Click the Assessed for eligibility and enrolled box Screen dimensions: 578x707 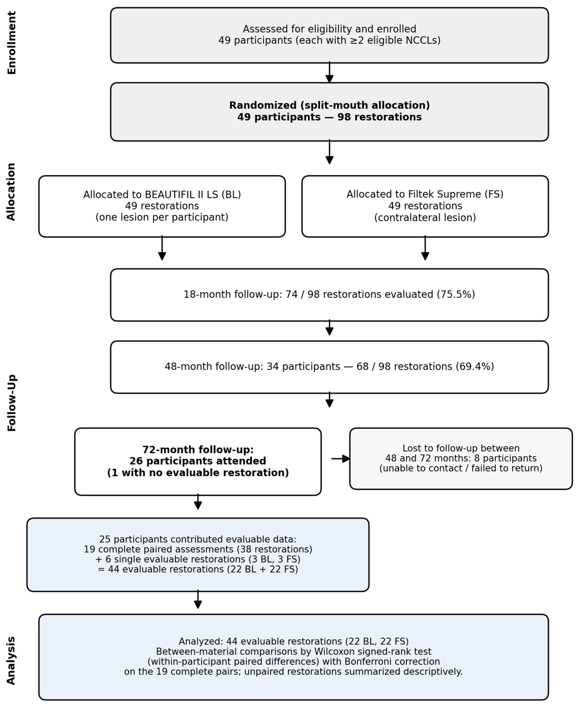(x=329, y=35)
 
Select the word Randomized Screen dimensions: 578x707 (x=263, y=106)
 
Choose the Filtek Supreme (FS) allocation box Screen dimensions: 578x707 (x=425, y=206)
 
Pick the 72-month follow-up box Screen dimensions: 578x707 (x=198, y=462)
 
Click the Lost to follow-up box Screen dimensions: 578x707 (x=461, y=459)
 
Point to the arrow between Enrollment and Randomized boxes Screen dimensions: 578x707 (x=329, y=72)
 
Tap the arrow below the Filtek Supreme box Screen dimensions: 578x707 (x=425, y=248)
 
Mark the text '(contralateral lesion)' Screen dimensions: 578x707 (x=425, y=218)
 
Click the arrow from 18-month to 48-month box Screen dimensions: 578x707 (x=329, y=327)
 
